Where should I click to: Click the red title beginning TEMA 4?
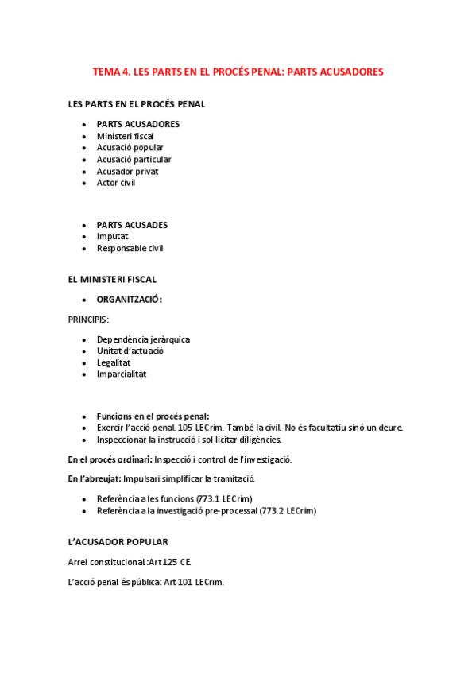click(238, 72)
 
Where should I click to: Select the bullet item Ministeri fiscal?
click(126, 136)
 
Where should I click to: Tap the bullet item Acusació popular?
click(130, 148)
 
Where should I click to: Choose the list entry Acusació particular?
click(134, 159)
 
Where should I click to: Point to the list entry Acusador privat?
click(127, 171)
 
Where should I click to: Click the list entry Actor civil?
click(116, 183)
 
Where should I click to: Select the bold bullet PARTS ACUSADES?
click(132, 225)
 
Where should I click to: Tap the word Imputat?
click(112, 236)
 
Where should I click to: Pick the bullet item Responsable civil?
click(130, 248)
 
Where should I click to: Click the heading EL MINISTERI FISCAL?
click(112, 279)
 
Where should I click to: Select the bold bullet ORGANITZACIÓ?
click(130, 300)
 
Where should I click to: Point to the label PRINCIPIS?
click(89, 319)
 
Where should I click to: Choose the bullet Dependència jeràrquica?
click(143, 339)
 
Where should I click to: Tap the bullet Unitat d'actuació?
click(130, 351)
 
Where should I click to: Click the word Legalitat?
click(114, 362)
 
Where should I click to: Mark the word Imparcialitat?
click(122, 374)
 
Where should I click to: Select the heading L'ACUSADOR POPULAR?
click(118, 542)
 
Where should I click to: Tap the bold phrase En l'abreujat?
click(95, 479)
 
